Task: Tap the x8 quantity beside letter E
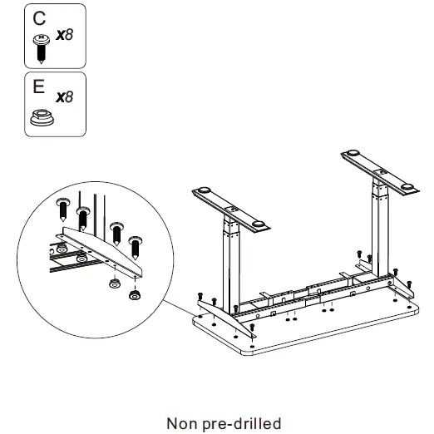pos(64,97)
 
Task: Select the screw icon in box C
pos(39,47)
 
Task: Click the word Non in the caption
pos(183,423)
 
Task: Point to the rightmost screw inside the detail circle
pos(136,244)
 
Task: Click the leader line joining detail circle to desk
pos(178,305)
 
